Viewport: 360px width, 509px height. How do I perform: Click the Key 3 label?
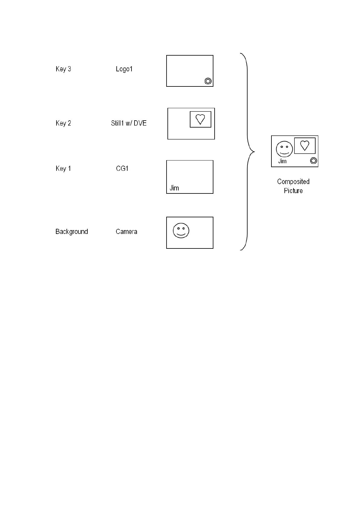coord(63,69)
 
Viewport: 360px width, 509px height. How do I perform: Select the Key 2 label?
coord(63,123)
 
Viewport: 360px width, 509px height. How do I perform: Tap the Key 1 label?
coord(63,168)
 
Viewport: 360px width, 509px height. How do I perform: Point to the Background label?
coord(72,232)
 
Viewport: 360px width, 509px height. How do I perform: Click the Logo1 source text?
coord(124,69)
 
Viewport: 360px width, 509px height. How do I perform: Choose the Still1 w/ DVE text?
coord(129,123)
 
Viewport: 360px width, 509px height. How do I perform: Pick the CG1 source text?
coord(122,168)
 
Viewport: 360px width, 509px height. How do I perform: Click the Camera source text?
coord(126,232)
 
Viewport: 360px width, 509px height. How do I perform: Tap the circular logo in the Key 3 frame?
coord(208,81)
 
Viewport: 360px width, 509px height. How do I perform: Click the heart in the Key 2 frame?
coord(200,119)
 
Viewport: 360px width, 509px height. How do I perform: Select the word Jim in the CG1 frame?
coord(174,188)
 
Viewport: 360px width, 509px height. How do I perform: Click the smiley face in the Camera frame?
coord(181,230)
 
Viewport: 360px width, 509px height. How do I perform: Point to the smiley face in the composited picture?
coord(284,149)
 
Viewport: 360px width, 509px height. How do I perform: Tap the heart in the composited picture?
coord(305,145)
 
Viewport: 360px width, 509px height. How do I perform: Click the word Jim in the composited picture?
coord(282,161)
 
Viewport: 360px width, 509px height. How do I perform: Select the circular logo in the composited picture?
coord(313,160)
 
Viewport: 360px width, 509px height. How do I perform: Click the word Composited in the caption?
coord(293,182)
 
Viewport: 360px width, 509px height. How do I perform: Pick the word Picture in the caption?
coord(293,191)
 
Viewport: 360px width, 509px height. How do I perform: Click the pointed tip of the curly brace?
coord(254,151)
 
